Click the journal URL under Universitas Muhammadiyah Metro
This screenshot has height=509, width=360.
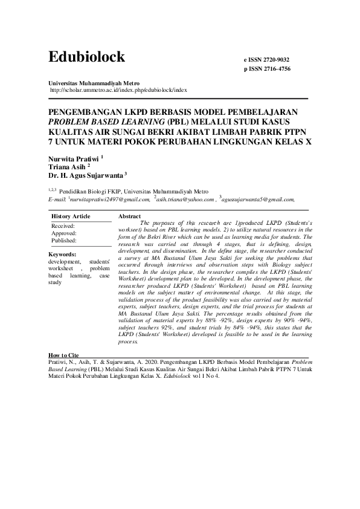pyautogui.click(x=118, y=89)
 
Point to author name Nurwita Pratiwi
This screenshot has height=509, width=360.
pyautogui.click(x=74, y=158)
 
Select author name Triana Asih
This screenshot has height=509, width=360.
pyautogui.click(x=67, y=167)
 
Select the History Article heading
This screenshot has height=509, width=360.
pyautogui.click(x=71, y=216)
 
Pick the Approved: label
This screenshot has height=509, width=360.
pyautogui.click(x=64, y=233)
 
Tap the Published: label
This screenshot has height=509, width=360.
pyautogui.click(x=64, y=241)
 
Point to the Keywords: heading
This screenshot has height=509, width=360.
pyautogui.click(x=63, y=254)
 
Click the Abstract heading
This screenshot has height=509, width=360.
pyautogui.click(x=130, y=216)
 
